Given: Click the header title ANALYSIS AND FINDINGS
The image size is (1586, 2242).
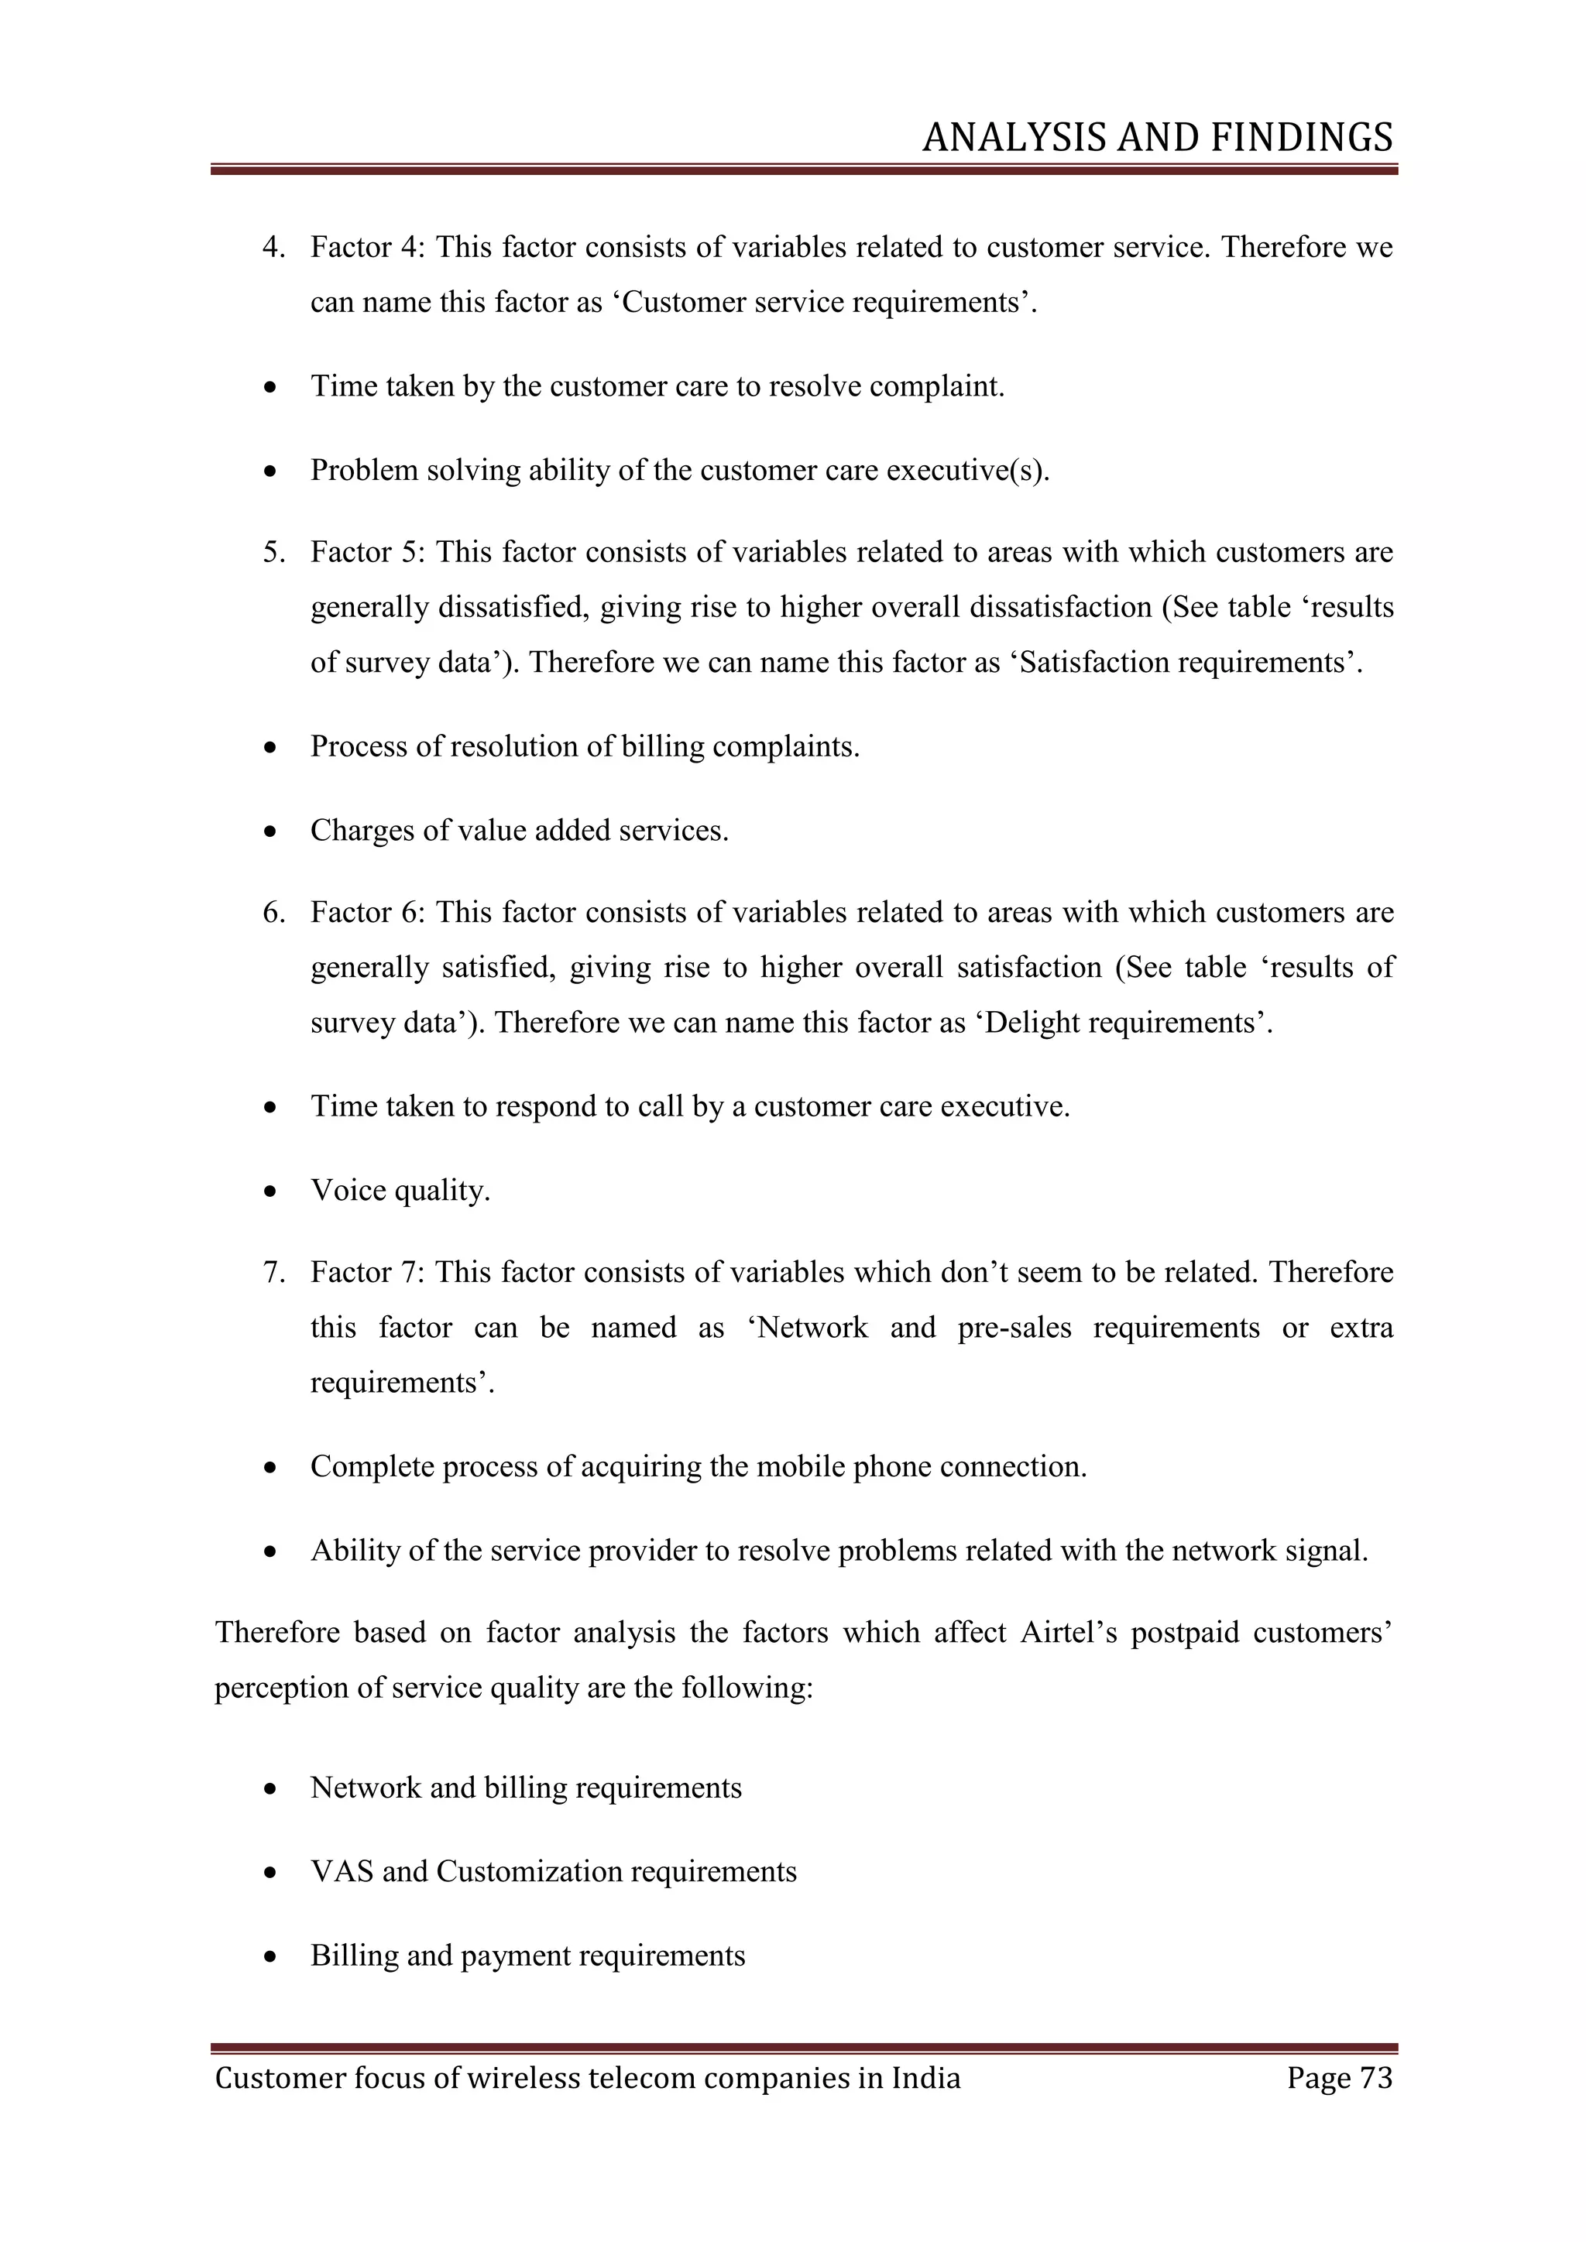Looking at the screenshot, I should pos(1157,138).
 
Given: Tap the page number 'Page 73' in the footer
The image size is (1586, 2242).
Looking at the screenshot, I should pos(1339,2077).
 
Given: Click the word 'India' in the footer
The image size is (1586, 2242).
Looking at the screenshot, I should pos(926,2077).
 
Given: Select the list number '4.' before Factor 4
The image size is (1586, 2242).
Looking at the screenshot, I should pos(274,247).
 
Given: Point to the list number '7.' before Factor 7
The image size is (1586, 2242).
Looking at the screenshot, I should pos(274,1273).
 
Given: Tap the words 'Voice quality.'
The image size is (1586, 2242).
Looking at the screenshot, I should pos(400,1191).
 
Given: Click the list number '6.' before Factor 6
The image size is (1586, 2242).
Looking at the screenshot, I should pos(274,912).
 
